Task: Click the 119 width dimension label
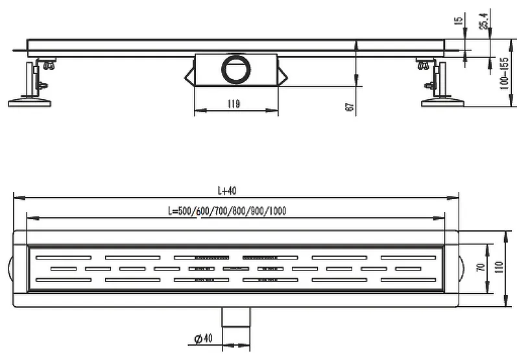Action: pyautogui.click(x=234, y=104)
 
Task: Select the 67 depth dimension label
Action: pyautogui.click(x=350, y=106)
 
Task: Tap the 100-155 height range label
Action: pyautogui.click(x=504, y=74)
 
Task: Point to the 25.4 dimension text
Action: pyautogui.click(x=484, y=21)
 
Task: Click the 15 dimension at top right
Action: pyautogui.click(x=459, y=21)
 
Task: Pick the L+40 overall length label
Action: pyautogui.click(x=227, y=191)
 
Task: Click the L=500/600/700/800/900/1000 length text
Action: pyautogui.click(x=227, y=211)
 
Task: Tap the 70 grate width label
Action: pyautogui.click(x=481, y=267)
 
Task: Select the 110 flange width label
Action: pyautogui.click(x=499, y=267)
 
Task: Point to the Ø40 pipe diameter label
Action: pyautogui.click(x=204, y=338)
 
